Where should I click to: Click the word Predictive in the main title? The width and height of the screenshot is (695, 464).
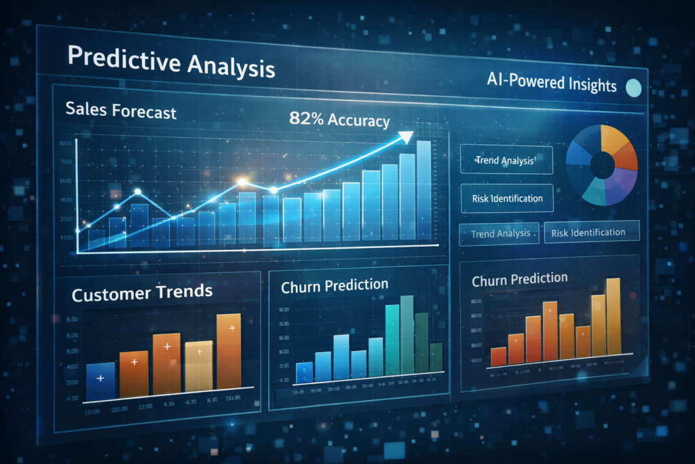tap(115, 60)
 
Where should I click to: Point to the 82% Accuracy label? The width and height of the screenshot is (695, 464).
tap(339, 120)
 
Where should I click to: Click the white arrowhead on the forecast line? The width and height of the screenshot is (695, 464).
tap(405, 137)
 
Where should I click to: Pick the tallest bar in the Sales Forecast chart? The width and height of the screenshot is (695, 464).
tap(424, 190)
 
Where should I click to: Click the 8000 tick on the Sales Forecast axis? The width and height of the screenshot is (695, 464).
tap(66, 143)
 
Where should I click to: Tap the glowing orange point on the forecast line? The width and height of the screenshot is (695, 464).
tap(242, 181)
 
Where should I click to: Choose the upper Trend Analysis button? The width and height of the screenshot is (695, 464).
tap(506, 161)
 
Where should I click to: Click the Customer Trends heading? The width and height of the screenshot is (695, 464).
tap(142, 293)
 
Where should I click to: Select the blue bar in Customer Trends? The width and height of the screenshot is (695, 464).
tap(100, 380)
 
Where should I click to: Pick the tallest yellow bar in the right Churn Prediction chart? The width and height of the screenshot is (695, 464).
tap(613, 315)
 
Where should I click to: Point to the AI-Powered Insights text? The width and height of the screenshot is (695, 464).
tap(551, 84)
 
